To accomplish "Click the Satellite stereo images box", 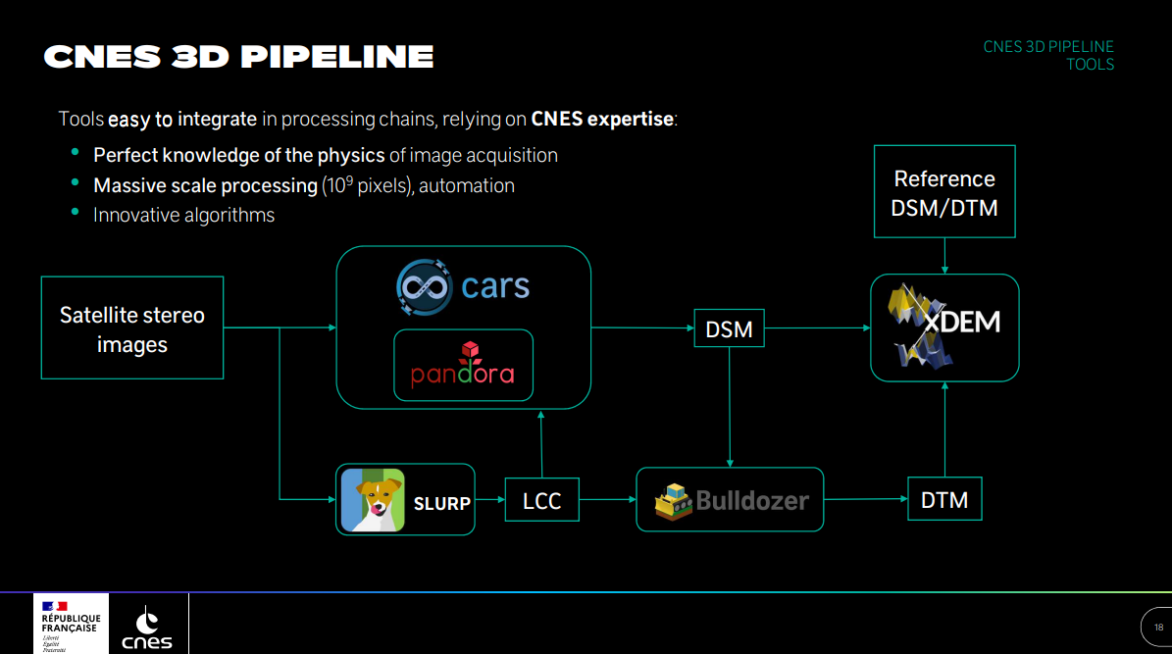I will pos(132,327).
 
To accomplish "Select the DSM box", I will pos(729,329).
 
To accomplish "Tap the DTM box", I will pos(944,500).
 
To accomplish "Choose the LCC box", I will pos(541,501).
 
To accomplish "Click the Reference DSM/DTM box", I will pos(943,192).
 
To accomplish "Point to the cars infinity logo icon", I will pos(424,286).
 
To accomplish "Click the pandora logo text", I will pos(463,376).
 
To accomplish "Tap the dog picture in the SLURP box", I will pos(372,500).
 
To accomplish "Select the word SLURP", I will pos(441,503).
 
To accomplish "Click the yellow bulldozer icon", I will pos(673,501).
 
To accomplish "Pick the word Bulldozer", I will pos(752,501).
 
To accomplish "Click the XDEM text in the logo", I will pos(961,321).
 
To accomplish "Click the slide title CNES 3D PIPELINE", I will pos(238,56).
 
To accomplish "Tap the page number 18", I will pos(1158,628).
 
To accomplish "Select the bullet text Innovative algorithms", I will pos(183,215).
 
